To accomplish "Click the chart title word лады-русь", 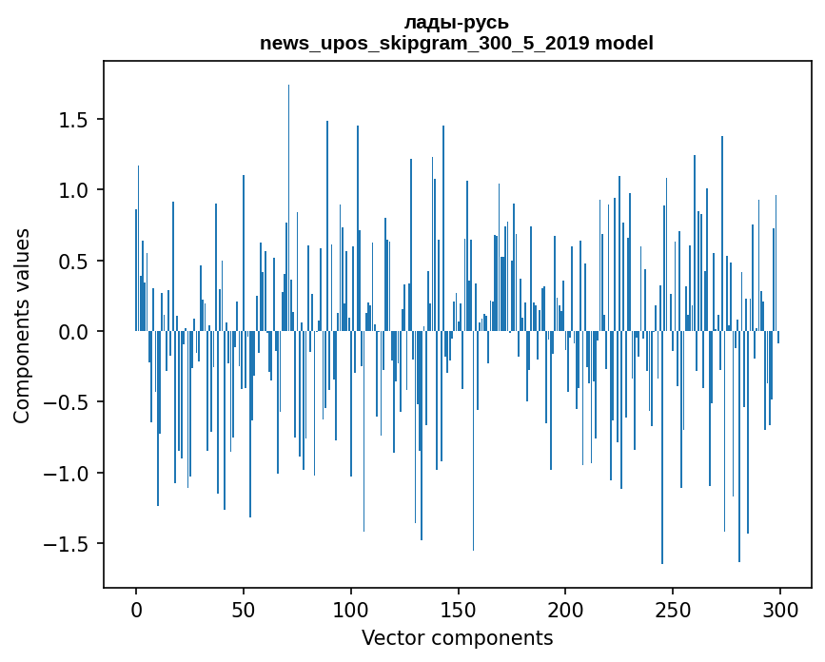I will point(456,23).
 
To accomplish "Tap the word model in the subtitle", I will point(624,44).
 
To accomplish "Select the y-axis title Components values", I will point(22,325).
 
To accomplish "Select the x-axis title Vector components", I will point(457,637).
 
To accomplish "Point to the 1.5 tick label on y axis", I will point(75,120).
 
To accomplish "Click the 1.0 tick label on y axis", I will point(75,190).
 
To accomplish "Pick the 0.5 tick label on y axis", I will point(75,262).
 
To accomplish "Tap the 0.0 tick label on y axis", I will point(75,332).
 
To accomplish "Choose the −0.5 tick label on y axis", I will point(69,402).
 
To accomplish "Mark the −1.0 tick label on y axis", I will point(69,474).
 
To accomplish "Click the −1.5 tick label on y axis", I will point(69,544).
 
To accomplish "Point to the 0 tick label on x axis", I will point(136,609).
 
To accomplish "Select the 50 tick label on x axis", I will point(244,609).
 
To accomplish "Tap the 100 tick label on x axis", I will point(351,609).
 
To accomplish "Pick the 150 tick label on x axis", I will point(458,609).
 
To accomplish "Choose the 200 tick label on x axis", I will point(565,609).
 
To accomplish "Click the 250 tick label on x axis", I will point(673,609).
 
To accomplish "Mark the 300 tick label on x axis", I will point(780,609).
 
